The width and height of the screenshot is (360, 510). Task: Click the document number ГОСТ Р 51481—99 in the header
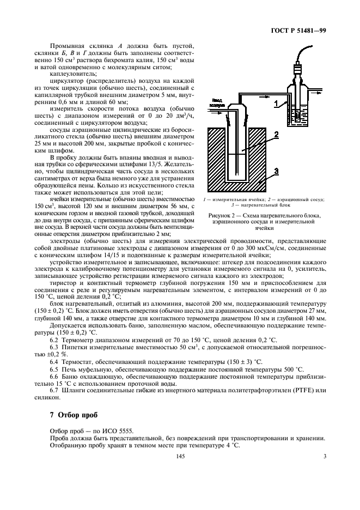tap(299, 31)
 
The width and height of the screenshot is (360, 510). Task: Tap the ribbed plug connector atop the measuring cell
tap(298, 70)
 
